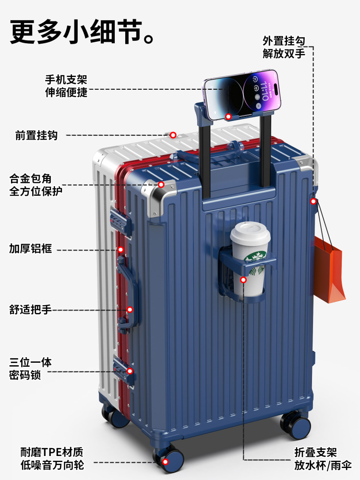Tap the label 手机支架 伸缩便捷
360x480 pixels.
tap(66, 86)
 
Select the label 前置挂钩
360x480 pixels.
tap(36, 135)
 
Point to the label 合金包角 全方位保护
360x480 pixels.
tap(36, 185)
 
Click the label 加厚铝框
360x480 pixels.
tap(30, 249)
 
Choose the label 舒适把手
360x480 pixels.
tap(30, 309)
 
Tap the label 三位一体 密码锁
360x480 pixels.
tap(30, 368)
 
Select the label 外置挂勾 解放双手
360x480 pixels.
tap(284, 47)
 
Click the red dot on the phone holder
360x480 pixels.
tap(228, 117)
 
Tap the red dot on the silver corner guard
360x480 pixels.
tap(161, 184)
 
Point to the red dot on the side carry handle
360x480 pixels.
tap(130, 310)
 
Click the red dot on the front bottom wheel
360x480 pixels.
tap(166, 462)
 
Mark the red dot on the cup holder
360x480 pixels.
tap(243, 279)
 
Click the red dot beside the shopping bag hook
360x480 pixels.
tap(313, 201)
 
